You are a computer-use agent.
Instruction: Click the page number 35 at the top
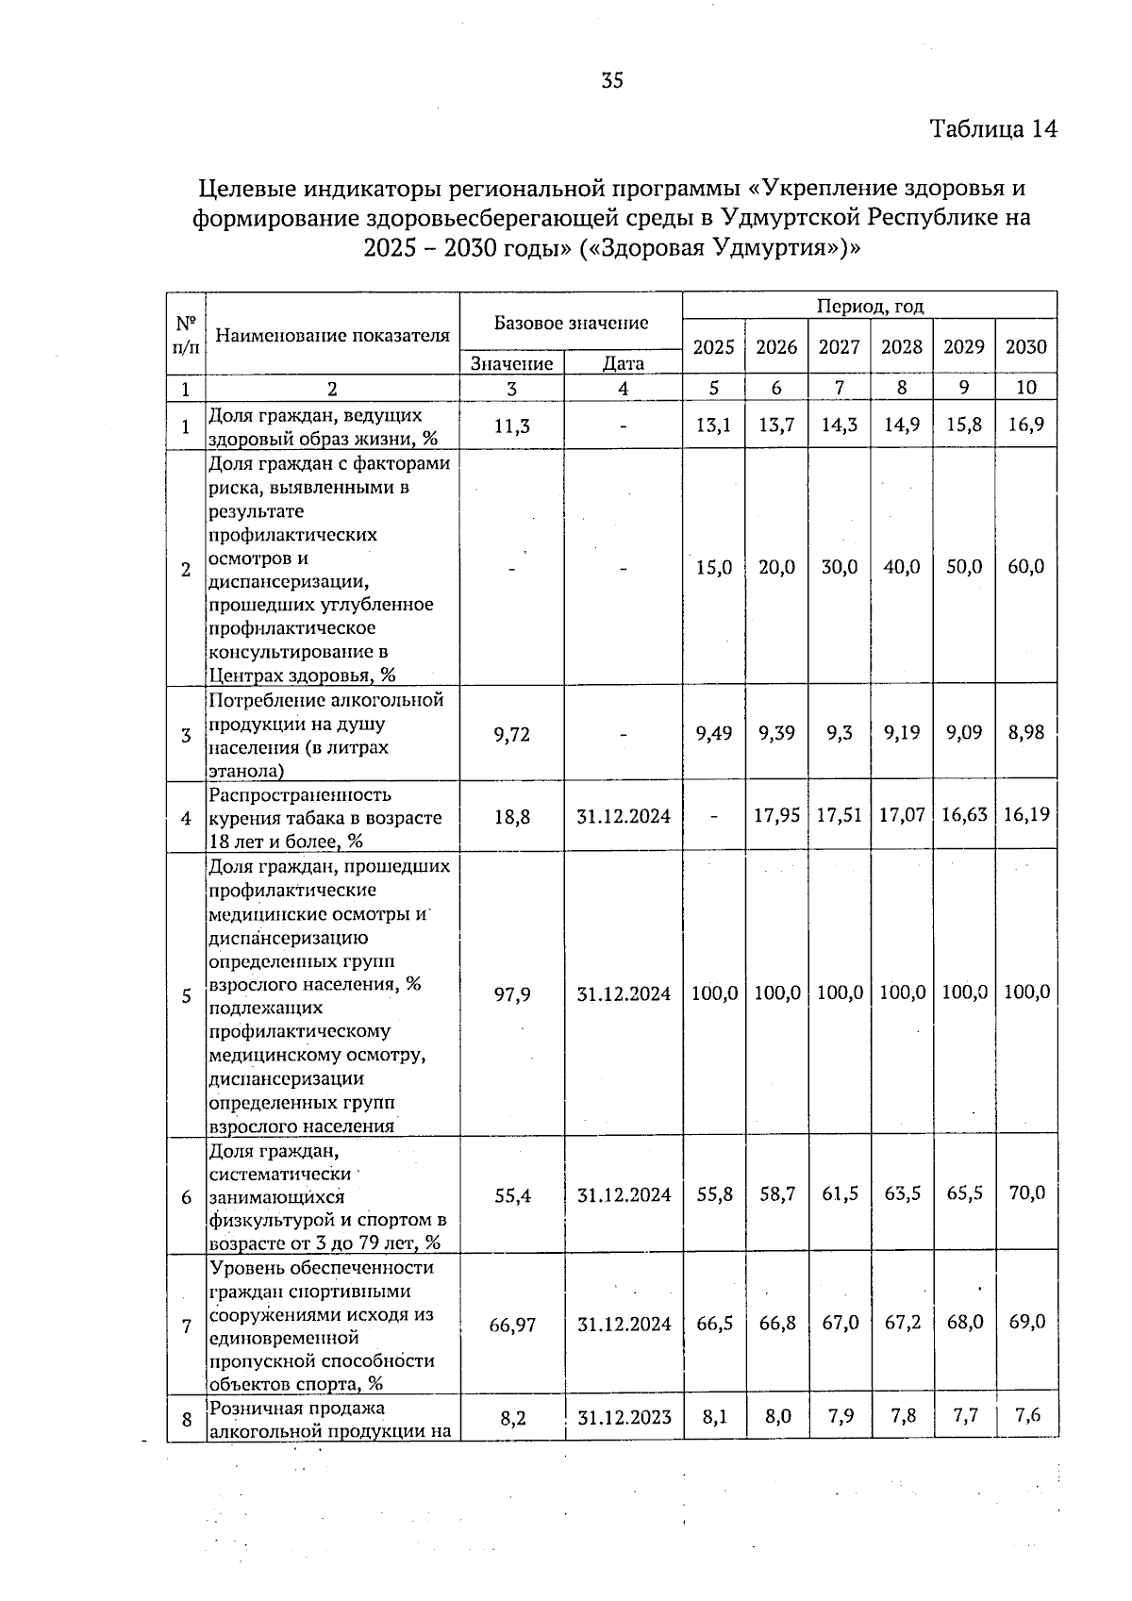(x=612, y=81)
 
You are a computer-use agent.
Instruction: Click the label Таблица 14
(x=992, y=129)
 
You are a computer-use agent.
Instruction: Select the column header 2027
(x=839, y=347)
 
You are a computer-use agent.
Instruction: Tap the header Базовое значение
(x=571, y=324)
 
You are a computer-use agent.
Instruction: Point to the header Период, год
(x=869, y=307)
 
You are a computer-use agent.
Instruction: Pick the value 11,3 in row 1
(x=512, y=426)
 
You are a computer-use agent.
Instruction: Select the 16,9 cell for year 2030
(x=1025, y=425)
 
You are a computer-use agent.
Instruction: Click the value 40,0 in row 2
(x=901, y=567)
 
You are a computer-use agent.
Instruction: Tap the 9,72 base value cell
(x=512, y=734)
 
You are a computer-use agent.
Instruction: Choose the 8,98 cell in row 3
(x=1025, y=732)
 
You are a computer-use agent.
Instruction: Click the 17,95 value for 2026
(x=776, y=815)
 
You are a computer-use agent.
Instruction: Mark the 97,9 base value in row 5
(x=512, y=994)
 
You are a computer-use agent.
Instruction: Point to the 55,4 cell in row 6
(x=512, y=1195)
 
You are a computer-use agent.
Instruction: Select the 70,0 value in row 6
(x=1025, y=1193)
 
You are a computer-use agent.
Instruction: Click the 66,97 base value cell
(x=512, y=1325)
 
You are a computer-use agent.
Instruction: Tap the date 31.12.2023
(x=624, y=1417)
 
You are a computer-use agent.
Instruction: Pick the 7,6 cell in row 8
(x=1025, y=1415)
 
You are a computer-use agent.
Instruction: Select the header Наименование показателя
(x=332, y=335)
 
